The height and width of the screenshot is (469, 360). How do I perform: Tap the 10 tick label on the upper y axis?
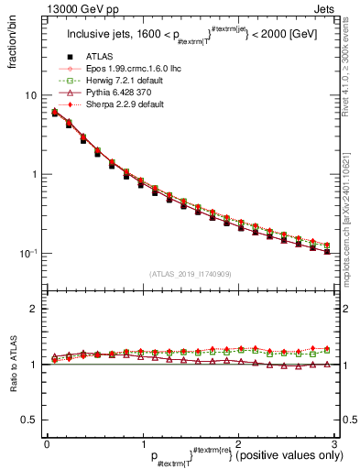[30, 96]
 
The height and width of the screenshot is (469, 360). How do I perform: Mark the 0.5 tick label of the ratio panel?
[27, 420]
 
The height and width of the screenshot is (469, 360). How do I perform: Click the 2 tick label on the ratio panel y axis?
[34, 309]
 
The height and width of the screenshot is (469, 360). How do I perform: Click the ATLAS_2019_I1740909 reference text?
[191, 275]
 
